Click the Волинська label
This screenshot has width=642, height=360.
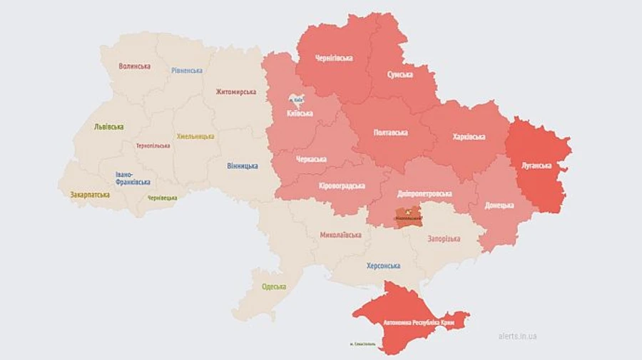coord(134,66)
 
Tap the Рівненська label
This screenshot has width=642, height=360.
coord(187,71)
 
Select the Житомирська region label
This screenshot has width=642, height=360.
coord(236,92)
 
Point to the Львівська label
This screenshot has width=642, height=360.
coord(108,127)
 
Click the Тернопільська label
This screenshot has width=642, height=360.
coord(153,145)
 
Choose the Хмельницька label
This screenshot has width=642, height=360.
coord(195,136)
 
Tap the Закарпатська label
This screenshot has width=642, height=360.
coord(90,195)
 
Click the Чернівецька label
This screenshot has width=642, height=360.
coord(163,197)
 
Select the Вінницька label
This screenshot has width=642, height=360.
coord(243,166)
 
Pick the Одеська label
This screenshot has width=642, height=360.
coord(274,287)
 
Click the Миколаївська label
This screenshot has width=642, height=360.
coord(340,235)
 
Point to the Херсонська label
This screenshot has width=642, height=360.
coord(383,266)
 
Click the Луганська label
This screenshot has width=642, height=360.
coord(537,165)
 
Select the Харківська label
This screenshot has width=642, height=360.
coord(469,137)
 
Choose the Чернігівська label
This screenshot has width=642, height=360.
coord(335,57)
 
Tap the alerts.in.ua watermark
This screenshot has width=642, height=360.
coord(518,336)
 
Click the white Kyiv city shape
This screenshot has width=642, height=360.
coord(296,102)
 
